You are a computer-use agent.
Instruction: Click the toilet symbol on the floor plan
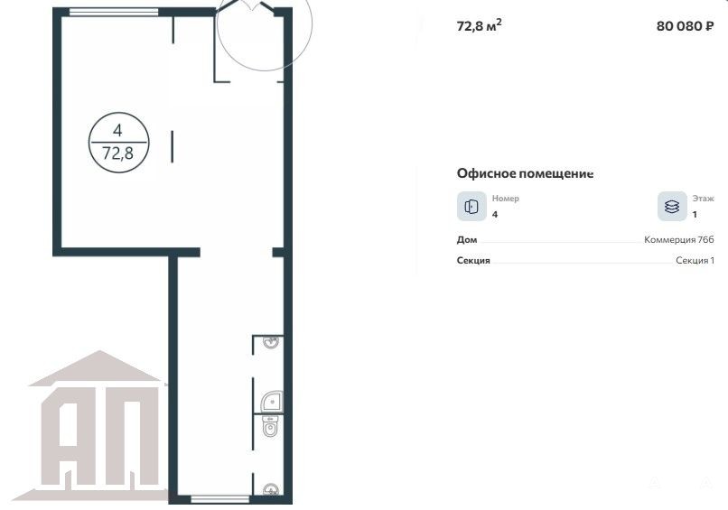[x=270, y=426]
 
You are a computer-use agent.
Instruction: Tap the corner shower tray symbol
[x=272, y=402]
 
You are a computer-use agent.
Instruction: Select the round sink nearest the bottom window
[x=271, y=489]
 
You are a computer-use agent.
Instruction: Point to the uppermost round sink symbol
[x=271, y=342]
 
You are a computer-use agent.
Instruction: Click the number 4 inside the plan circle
[x=117, y=130]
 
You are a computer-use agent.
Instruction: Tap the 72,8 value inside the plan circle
[x=118, y=153]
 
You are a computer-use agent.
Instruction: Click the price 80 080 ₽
[x=685, y=26]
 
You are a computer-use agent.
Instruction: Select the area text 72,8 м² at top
[x=479, y=25]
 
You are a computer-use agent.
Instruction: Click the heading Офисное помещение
[x=525, y=173]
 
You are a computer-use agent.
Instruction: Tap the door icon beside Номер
[x=471, y=206]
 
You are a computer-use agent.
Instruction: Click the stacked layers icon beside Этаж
[x=672, y=206]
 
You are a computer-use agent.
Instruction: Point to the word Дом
[x=467, y=239]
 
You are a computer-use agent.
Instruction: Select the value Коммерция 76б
[x=679, y=239]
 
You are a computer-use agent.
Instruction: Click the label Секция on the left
[x=473, y=260]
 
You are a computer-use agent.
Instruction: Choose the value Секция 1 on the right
[x=695, y=260]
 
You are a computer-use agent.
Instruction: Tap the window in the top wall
[x=114, y=12]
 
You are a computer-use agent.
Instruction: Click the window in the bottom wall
[x=220, y=499]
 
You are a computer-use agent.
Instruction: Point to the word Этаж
[x=703, y=199]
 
